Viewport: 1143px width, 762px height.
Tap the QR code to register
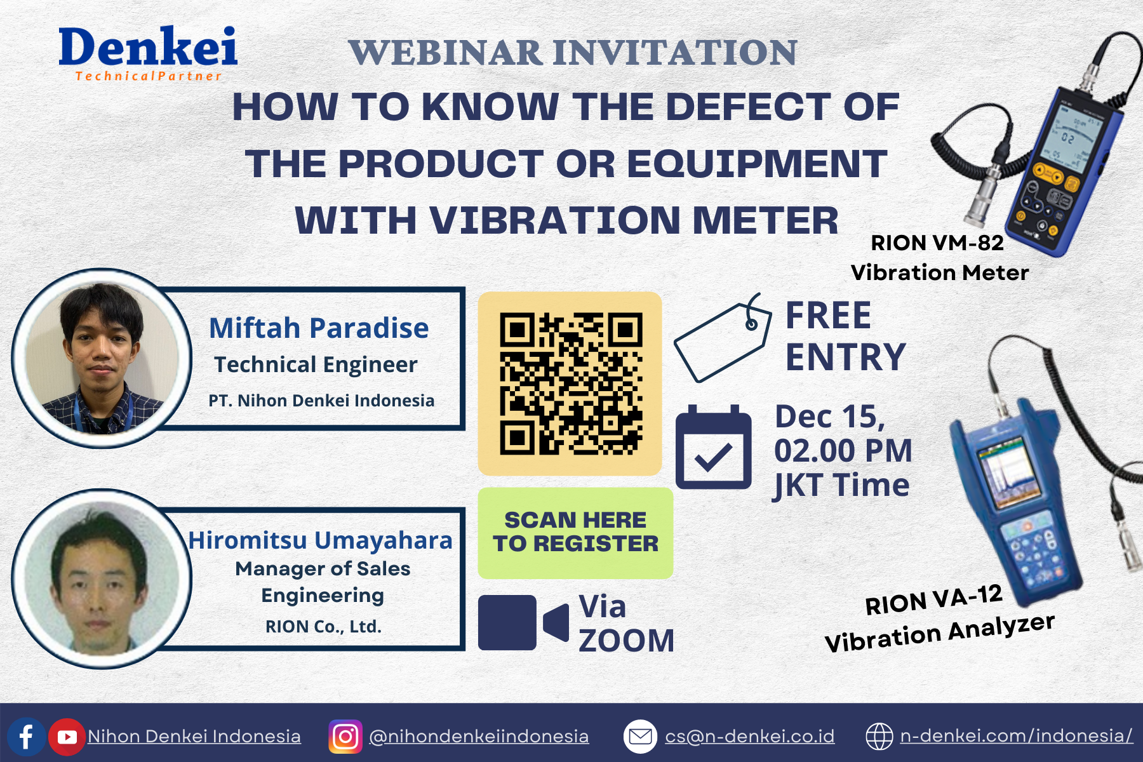571,384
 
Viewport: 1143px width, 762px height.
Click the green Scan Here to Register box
575,533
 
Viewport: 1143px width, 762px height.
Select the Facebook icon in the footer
26,737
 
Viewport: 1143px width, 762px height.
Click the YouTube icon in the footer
67,737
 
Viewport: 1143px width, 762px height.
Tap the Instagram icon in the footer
345,737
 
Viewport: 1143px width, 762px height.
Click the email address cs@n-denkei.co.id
750,736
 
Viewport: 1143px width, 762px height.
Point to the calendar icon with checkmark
714,447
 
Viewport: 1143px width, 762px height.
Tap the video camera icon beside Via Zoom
523,622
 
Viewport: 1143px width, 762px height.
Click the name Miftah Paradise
319,328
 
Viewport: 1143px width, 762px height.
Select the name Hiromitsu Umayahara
321,540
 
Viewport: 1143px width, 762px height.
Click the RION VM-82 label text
937,243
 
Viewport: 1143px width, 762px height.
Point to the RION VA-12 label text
933,600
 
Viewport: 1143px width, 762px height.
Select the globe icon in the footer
879,737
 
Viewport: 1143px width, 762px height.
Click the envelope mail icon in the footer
640,737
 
